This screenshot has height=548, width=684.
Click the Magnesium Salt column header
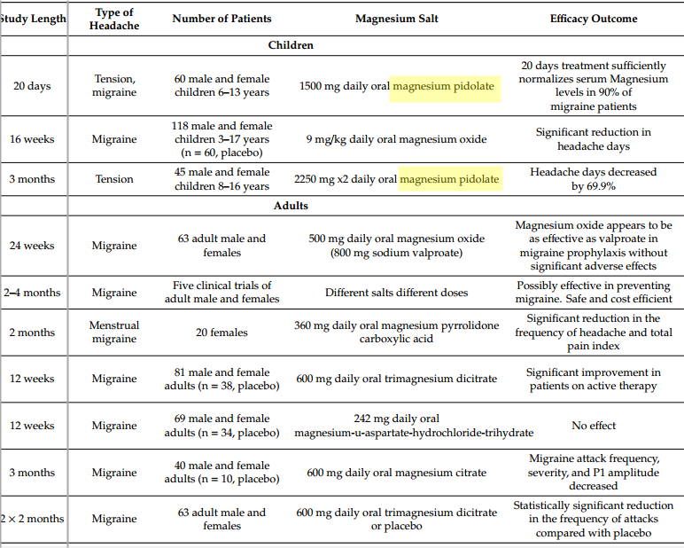point(396,19)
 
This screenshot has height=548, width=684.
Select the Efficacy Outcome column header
point(593,19)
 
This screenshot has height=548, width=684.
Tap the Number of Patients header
point(222,19)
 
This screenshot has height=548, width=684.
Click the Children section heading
point(291,45)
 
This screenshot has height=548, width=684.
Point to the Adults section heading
point(291,206)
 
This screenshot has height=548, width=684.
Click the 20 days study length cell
point(32,86)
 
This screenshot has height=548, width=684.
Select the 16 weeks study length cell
point(32,139)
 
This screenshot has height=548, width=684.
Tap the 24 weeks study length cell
point(32,246)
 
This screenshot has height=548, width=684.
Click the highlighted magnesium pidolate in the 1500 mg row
point(443,86)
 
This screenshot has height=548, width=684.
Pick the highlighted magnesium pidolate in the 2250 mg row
point(449,179)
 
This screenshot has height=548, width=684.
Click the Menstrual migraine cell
point(113,333)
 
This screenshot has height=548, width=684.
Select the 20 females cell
point(222,333)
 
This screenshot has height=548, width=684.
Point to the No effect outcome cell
point(593,426)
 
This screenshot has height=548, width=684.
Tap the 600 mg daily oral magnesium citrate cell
point(396,473)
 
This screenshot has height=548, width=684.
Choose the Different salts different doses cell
point(396,293)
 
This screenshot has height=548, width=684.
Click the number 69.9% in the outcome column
point(599,186)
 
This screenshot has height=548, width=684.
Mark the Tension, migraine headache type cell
point(114,86)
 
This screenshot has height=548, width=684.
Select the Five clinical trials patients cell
point(222,293)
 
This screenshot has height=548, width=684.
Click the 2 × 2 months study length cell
point(32,519)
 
